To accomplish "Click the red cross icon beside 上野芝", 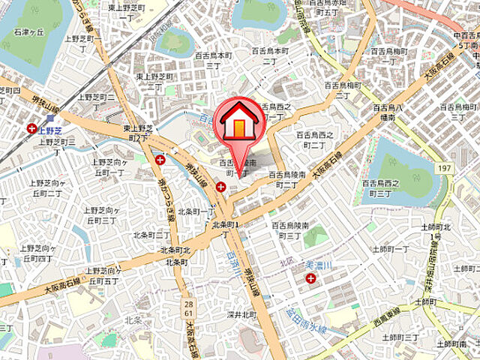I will click(31, 129).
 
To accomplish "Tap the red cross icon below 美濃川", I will click(310, 279).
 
